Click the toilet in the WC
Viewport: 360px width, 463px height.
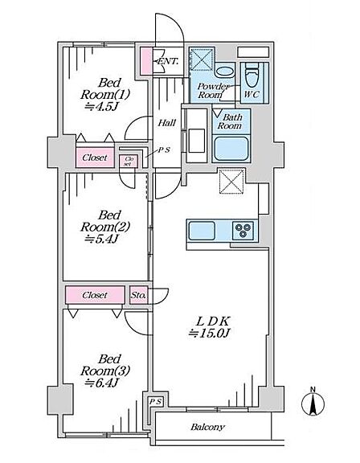(x=252, y=75)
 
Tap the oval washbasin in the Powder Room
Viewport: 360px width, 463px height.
(x=224, y=72)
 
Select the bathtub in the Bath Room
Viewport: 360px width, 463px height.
(x=231, y=148)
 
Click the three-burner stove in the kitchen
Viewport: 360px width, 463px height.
(x=243, y=231)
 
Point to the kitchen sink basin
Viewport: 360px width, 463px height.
(x=202, y=231)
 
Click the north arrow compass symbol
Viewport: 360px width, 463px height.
(x=313, y=403)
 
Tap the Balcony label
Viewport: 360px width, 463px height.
(x=207, y=427)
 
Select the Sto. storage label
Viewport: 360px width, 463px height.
(x=137, y=295)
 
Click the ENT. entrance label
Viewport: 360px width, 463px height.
(x=168, y=61)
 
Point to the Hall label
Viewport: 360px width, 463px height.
(x=166, y=122)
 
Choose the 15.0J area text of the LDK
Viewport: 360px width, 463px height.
(x=209, y=333)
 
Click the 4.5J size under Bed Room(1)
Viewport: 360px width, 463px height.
(x=101, y=107)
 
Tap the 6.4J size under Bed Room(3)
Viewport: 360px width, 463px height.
(x=101, y=383)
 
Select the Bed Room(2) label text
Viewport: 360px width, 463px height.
(x=105, y=221)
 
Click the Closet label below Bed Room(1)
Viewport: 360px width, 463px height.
(x=95, y=158)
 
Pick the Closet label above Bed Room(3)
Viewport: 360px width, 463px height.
(x=95, y=295)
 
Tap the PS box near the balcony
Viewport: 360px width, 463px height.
(x=155, y=402)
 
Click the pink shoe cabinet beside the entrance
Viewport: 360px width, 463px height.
(x=145, y=61)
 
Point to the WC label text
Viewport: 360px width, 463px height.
(x=252, y=95)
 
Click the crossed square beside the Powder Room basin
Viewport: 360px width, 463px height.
(x=202, y=59)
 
